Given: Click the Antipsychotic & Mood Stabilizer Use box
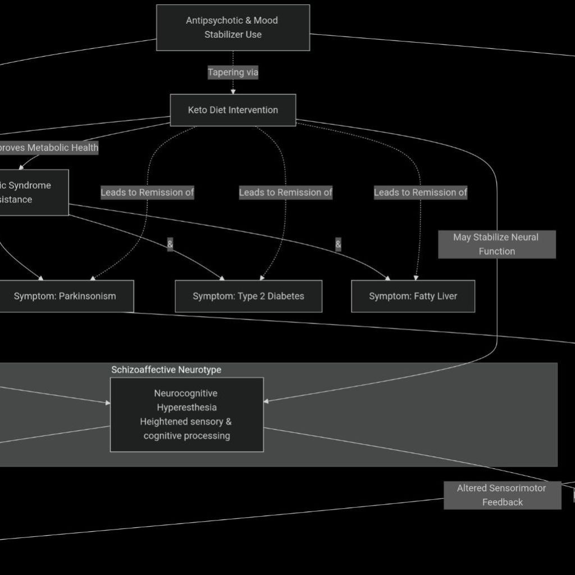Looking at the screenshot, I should tap(232, 28).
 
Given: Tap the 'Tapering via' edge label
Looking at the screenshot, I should tap(233, 72).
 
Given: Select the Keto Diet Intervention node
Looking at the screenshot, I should tap(232, 110).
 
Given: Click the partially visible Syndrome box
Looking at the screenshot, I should tap(31, 193).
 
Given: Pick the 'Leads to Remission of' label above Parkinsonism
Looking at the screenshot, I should tap(147, 193).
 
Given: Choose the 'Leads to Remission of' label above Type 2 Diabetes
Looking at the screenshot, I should tap(285, 193).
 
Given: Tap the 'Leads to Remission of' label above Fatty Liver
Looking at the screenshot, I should tap(421, 193).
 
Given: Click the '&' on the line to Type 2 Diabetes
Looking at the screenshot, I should tap(170, 244).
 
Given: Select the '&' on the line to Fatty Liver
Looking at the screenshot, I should tap(338, 244).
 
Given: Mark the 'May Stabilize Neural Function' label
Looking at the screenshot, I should tap(496, 244).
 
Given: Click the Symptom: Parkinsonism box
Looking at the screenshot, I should tap(65, 296).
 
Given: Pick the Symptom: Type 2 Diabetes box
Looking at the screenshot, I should tap(248, 296).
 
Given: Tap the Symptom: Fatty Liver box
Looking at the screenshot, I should tap(413, 296).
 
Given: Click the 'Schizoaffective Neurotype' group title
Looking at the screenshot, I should tap(166, 369).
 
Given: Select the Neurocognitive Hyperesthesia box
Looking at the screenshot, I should tap(186, 414).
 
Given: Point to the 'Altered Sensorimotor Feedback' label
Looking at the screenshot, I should tap(501, 495).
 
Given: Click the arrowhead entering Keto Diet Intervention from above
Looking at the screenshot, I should tap(233, 92).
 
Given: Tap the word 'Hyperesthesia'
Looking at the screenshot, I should tap(186, 408).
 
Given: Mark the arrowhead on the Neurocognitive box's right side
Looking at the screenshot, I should tap(266, 401).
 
